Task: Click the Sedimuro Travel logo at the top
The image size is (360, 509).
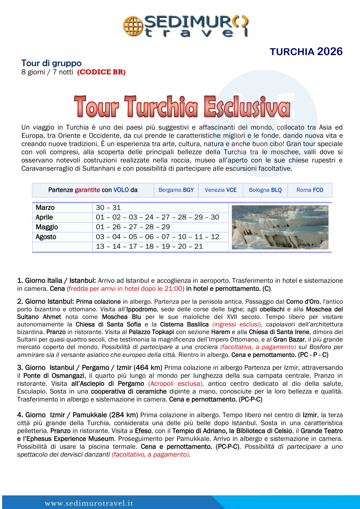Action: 186,26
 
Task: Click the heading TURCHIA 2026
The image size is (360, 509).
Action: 306,52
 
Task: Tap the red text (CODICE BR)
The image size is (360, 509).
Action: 101,72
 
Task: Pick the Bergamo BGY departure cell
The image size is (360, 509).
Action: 176,190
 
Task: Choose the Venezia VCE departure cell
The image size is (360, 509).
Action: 221,190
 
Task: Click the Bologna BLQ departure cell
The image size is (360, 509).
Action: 265,190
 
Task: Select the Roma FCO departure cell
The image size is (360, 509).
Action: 310,190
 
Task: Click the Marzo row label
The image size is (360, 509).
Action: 45,208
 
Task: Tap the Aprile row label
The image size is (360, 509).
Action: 44,218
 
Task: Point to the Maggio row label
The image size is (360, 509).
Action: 47,227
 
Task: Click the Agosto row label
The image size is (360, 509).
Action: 46,237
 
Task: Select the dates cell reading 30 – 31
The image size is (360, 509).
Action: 108,208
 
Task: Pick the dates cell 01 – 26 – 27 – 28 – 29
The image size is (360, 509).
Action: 133,227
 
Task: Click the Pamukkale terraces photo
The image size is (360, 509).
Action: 280,227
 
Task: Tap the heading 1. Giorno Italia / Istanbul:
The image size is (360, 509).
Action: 57,281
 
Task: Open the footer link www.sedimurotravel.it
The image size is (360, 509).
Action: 89,503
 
